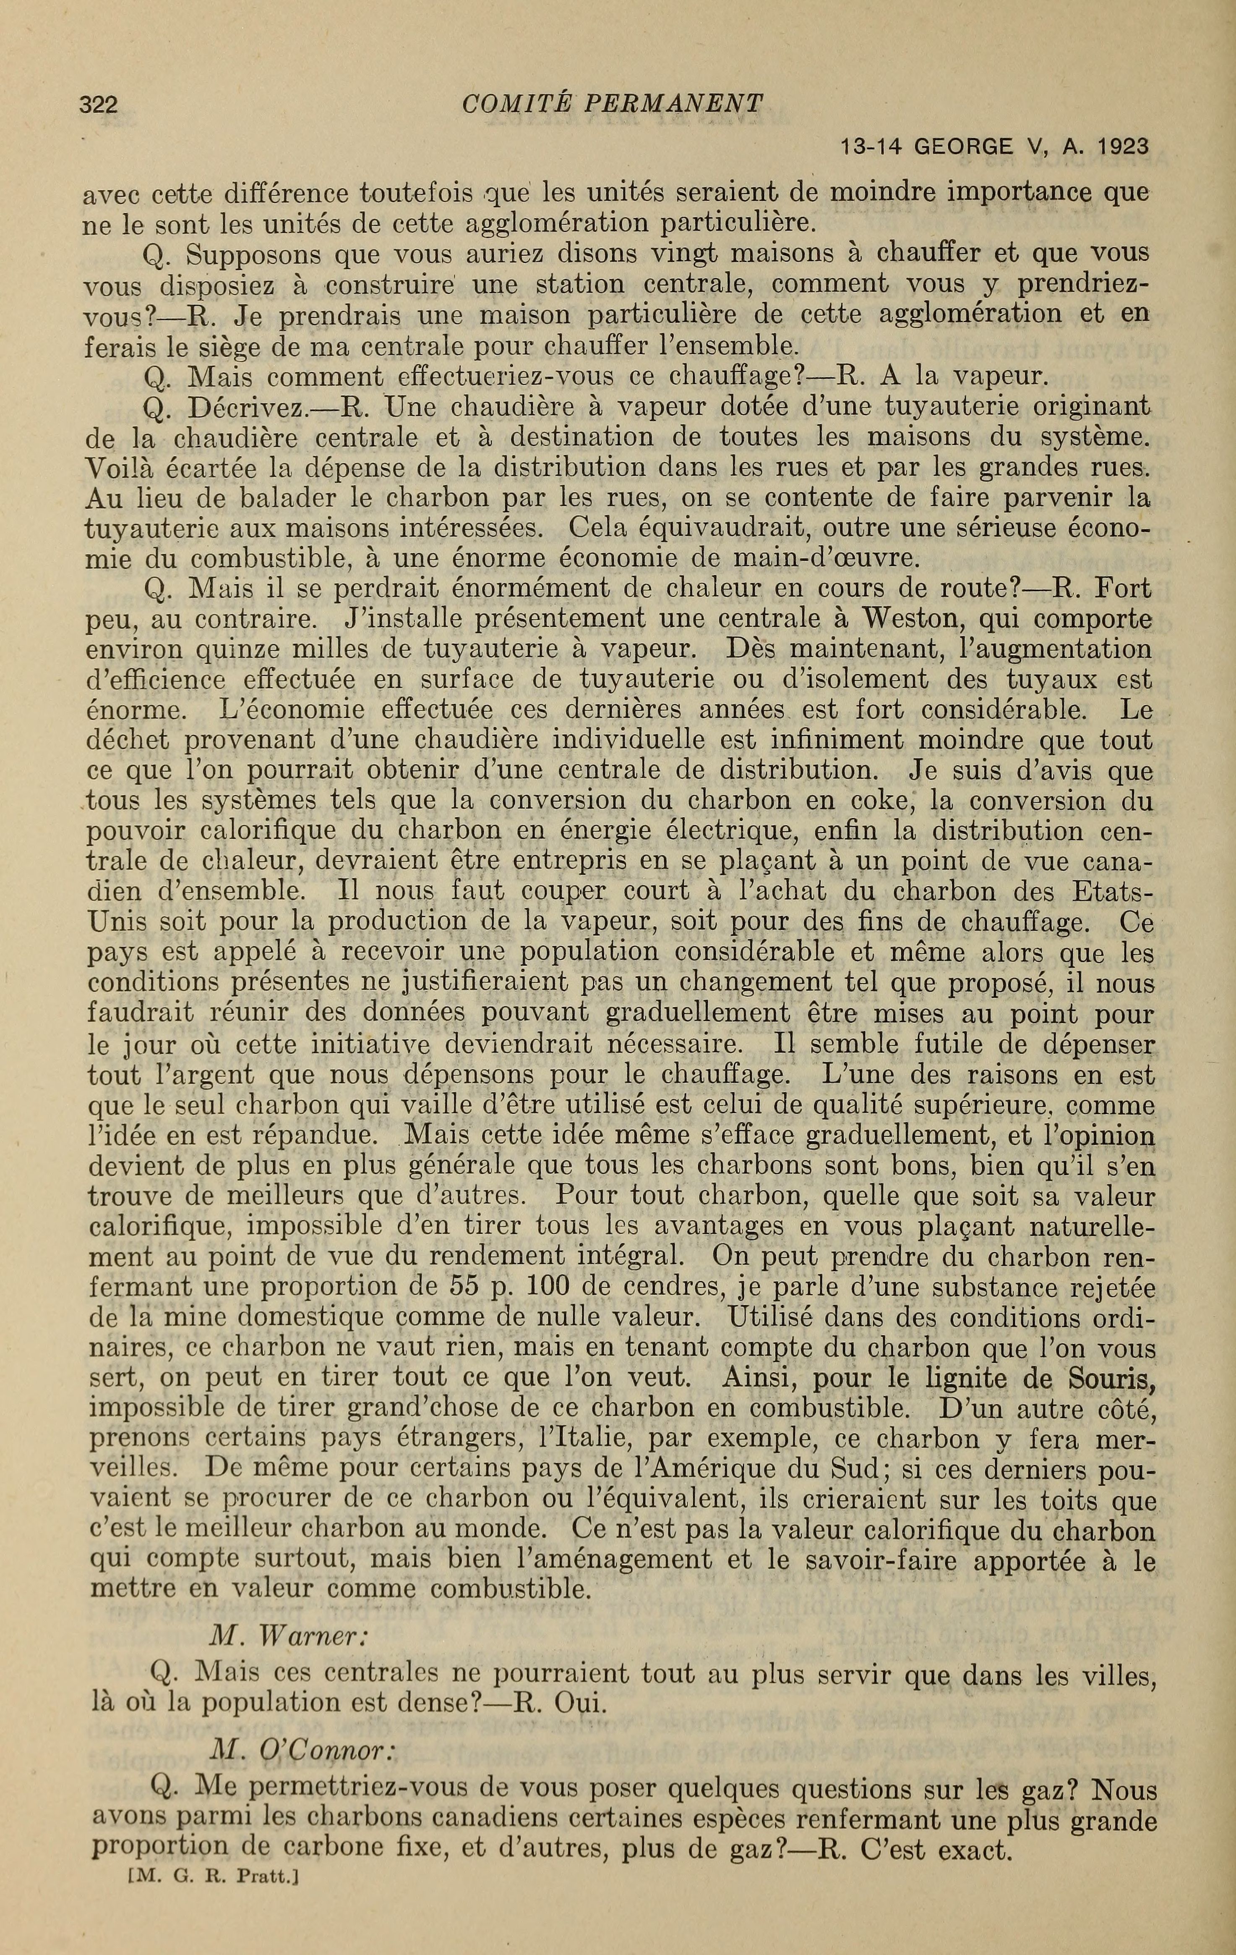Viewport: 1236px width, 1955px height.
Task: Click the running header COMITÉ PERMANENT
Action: click(612, 103)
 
